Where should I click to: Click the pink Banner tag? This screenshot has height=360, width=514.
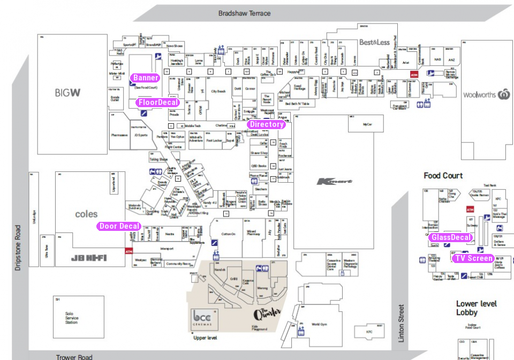point(145,78)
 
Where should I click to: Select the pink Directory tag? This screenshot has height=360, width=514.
point(266,124)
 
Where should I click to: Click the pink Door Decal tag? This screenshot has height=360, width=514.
point(119,226)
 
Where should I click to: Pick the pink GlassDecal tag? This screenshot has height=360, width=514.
point(451,237)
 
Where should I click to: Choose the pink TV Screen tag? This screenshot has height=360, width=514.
point(472,258)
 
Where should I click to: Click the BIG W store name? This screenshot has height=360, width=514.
point(68,93)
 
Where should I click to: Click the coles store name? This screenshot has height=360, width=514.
point(86,214)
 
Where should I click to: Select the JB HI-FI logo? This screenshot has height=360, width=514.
point(89,258)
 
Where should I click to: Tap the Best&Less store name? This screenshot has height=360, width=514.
point(374,42)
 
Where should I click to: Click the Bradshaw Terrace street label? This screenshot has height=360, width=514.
point(244,13)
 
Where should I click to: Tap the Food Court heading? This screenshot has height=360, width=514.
point(443,176)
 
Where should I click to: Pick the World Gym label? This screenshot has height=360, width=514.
point(319,324)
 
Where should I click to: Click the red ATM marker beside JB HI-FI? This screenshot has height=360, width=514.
point(128,251)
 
